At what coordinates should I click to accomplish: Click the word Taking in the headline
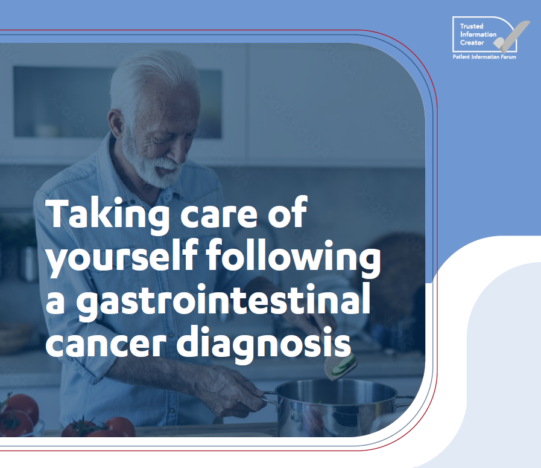(107, 214)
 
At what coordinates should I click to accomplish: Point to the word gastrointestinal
(223, 300)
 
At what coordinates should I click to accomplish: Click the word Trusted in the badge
(472, 26)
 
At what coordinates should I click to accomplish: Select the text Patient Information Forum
(484, 57)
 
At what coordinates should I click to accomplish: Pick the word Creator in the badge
(472, 43)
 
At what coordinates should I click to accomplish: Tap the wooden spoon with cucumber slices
(340, 367)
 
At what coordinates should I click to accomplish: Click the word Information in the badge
(478, 34)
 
